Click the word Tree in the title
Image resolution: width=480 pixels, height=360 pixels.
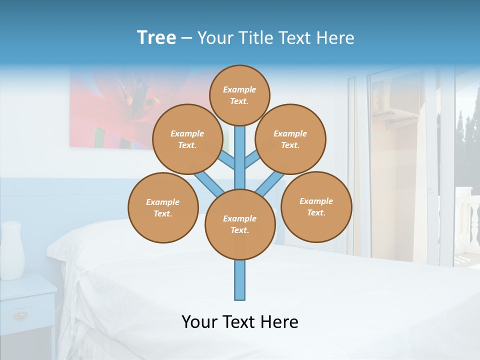[156, 37]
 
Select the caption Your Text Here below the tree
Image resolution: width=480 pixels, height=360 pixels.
[239, 322]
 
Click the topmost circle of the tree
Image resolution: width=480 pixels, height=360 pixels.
[239, 95]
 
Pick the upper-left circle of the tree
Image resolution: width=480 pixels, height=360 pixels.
[187, 139]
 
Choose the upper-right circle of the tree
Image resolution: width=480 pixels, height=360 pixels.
[290, 139]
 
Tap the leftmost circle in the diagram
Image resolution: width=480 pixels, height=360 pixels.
[163, 207]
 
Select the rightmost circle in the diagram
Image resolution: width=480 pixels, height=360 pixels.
[316, 206]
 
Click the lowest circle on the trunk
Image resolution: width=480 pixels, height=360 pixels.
[240, 224]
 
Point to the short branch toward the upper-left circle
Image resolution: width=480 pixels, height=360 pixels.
[227, 161]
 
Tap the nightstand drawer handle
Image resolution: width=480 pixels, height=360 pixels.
[21, 315]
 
